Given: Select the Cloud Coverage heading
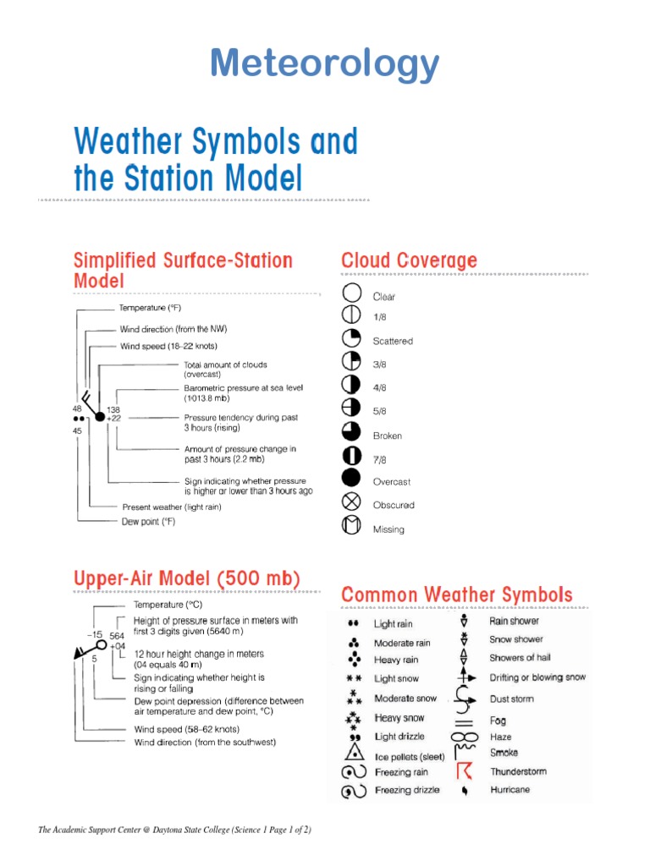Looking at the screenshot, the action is (409, 260).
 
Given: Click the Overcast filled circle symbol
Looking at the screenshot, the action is (352, 481).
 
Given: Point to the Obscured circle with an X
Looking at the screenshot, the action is (352, 504).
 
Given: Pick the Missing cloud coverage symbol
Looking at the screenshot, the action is (352, 527).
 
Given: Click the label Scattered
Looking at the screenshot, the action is (393, 342).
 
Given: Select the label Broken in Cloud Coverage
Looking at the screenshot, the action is (388, 436).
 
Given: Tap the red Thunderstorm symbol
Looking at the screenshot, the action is (463, 771).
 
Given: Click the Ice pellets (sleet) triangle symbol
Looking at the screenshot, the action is (356, 754).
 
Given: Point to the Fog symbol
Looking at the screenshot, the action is (463, 721).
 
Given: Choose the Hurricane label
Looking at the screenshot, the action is (510, 789).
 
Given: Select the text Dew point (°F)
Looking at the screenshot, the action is (153, 522).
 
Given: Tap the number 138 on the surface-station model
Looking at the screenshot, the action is (113, 409).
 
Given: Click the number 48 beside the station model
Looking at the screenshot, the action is (77, 409).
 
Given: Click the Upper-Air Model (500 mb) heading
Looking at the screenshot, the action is (186, 580).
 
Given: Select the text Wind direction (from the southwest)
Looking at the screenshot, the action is (205, 743).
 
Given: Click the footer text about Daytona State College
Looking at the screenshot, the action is (175, 830).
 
